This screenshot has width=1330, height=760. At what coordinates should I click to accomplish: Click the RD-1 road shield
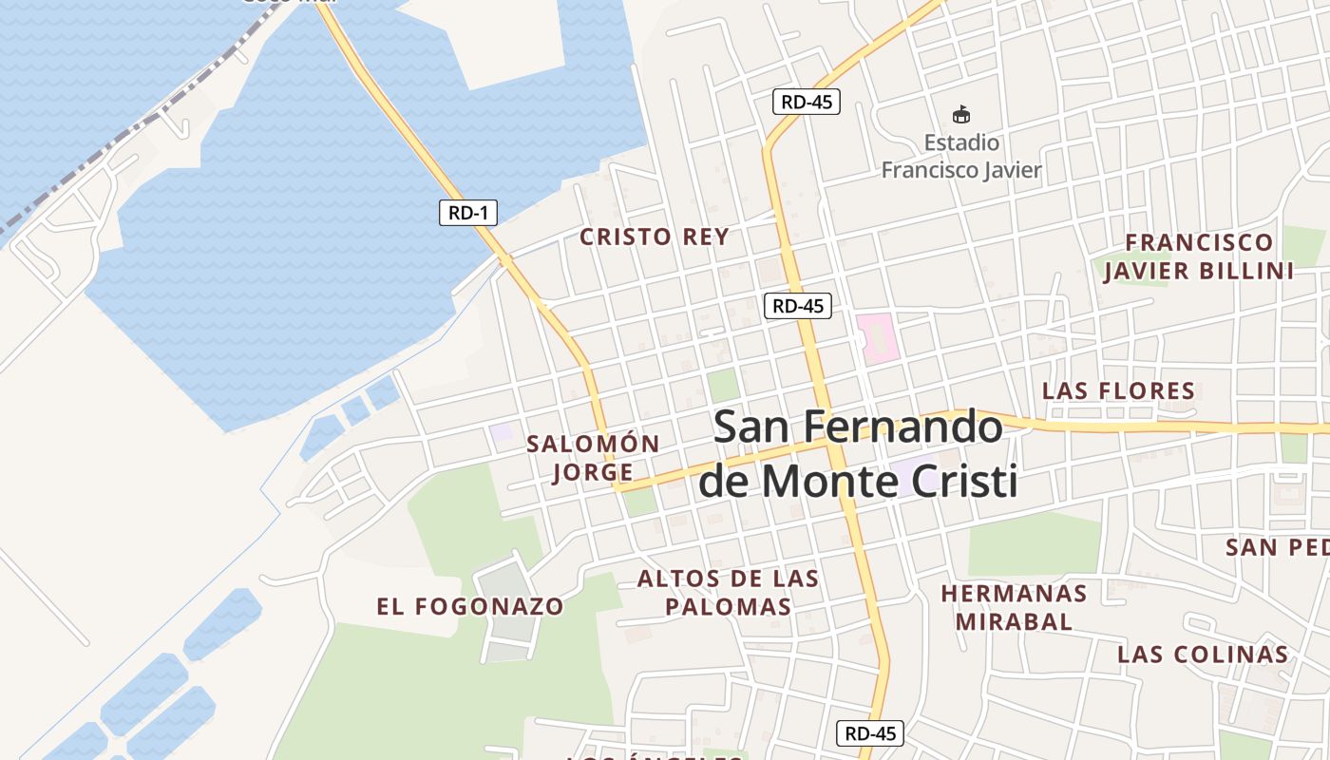pos(468,213)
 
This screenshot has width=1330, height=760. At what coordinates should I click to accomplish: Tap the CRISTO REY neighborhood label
pos(655,237)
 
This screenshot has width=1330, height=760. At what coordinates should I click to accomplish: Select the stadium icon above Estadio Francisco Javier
pos(961,115)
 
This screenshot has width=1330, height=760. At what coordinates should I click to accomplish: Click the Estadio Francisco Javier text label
pos(961,157)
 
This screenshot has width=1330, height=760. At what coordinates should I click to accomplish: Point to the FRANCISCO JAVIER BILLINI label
pos(1199,256)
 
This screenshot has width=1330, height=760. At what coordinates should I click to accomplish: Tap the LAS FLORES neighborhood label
pos(1118,390)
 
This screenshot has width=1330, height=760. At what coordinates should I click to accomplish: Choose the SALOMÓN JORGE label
pos(593,458)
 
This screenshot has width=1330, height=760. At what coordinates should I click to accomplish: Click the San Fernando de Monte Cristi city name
pos(858,454)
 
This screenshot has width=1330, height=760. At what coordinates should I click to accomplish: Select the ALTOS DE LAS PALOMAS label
pos(728,592)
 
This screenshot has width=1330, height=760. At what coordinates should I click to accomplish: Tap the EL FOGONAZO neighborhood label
pos(470,606)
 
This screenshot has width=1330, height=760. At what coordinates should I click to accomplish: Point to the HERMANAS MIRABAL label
pos(1014,607)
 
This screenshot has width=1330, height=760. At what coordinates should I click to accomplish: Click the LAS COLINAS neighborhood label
pos(1202,655)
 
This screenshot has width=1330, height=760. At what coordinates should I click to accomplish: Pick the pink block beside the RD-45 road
pos(878,336)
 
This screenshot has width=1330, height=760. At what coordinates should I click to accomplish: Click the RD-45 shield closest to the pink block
pos(797,306)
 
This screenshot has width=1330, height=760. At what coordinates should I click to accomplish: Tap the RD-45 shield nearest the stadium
pos(806,102)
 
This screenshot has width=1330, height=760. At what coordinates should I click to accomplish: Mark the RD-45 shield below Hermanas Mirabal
pos(869,733)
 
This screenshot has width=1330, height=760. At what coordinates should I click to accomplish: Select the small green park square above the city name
pos(723,386)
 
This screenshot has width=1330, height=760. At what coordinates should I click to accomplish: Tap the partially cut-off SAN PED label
pos(1277,548)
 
